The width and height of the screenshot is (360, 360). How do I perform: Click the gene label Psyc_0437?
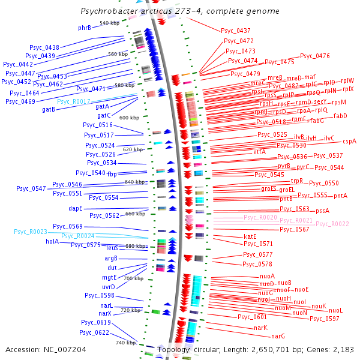(236, 30)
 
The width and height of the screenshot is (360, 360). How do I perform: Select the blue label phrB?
(85, 28)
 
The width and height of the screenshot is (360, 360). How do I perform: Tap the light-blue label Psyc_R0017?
(74, 101)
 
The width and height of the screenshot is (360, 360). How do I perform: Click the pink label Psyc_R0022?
(332, 224)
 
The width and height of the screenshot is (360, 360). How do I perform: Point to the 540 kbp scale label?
(109, 23)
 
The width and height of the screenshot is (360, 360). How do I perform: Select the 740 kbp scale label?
(125, 342)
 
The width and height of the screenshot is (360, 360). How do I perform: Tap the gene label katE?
(250, 236)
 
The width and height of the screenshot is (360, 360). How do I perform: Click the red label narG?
(278, 336)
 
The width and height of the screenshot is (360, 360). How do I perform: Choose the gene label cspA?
(349, 142)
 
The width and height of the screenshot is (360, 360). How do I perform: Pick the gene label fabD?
(340, 116)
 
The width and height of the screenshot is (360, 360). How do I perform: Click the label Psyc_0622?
(94, 332)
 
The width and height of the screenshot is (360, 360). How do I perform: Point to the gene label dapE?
(76, 208)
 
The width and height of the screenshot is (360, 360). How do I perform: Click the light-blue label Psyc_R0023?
(31, 232)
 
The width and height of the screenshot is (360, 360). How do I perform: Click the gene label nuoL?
(335, 310)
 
